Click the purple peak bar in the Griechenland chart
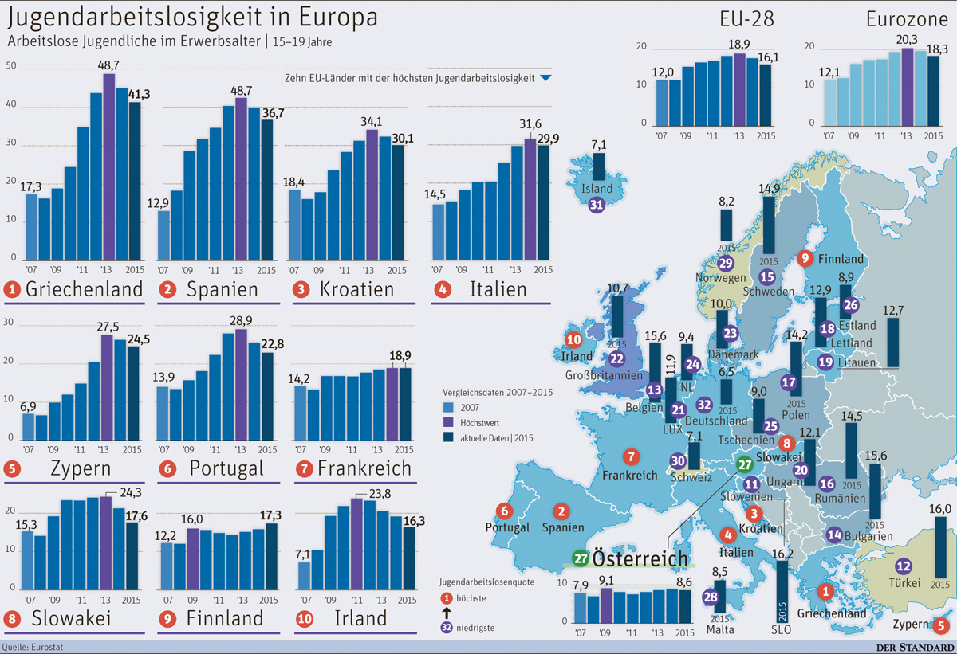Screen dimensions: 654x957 pyautogui.click(x=109, y=167)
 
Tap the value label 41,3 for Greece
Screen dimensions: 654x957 pyautogui.click(x=135, y=94)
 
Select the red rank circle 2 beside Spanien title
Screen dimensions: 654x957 pyautogui.click(x=168, y=289)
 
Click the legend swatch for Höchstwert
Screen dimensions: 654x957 pyautogui.click(x=449, y=422)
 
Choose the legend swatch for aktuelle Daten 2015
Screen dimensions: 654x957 pyautogui.click(x=449, y=437)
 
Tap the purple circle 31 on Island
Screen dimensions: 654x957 pyautogui.click(x=597, y=205)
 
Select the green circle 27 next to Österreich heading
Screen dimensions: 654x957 pyautogui.click(x=580, y=558)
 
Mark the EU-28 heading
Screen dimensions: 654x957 pyautogui.click(x=746, y=19)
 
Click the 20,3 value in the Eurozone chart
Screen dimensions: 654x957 pyautogui.click(x=907, y=37)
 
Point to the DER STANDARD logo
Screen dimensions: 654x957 pyautogui.click(x=913, y=646)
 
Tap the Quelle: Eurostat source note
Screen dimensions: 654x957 pyautogui.click(x=33, y=646)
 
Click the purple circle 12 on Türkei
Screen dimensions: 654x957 pyautogui.click(x=904, y=566)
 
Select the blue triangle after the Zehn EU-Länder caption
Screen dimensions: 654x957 pyautogui.click(x=545, y=79)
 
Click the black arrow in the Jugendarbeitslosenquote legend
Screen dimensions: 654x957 pyautogui.click(x=447, y=613)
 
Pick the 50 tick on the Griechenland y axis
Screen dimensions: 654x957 pyautogui.click(x=10, y=65)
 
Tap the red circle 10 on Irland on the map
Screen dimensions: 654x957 pyautogui.click(x=574, y=339)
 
